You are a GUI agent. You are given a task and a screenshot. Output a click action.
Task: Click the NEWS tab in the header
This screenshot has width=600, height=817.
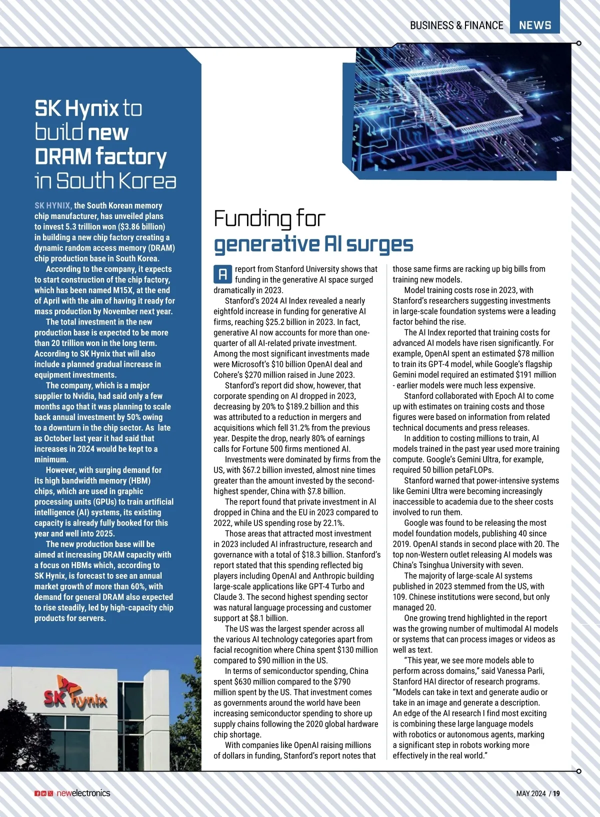coord(534,25)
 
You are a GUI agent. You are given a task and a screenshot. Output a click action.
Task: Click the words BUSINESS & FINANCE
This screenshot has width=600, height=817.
coord(456,25)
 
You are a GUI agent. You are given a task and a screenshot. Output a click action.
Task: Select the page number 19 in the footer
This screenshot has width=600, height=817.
coord(556,793)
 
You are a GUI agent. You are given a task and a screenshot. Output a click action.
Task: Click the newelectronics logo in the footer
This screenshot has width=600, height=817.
coord(83,793)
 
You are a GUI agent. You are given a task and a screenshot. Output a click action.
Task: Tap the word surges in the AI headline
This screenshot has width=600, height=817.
coord(380,244)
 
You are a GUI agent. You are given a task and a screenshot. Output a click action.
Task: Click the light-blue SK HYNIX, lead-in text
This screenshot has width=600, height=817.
coord(53,205)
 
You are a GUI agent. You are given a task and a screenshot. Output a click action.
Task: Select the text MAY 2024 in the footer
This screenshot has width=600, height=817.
coord(531,793)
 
